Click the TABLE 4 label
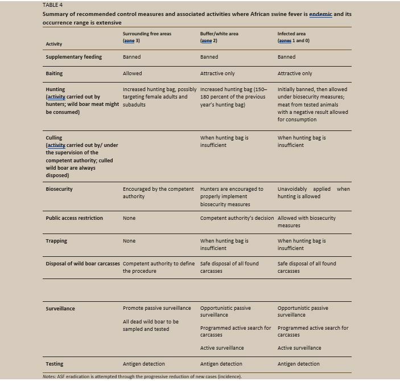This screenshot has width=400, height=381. [52, 5]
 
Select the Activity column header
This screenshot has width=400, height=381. [54, 44]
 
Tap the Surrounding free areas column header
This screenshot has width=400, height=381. [147, 34]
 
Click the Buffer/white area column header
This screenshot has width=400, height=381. [219, 34]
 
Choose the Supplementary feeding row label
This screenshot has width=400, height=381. [73, 57]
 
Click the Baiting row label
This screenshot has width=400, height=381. [54, 73]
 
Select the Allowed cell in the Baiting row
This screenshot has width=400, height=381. [132, 73]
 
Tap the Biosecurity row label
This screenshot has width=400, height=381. [59, 189]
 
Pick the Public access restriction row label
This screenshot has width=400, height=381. [74, 218]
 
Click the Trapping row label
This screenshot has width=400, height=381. [56, 241]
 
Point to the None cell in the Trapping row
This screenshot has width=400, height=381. [129, 241]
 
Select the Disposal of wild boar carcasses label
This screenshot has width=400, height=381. [83, 264]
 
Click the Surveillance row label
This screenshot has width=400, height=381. [60, 309]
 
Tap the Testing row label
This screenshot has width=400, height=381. [55, 364]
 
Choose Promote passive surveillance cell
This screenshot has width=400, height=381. [156, 308]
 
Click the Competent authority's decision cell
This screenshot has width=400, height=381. [237, 218]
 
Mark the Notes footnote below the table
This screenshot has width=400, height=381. [142, 376]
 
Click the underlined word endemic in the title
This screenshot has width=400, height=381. [320, 14]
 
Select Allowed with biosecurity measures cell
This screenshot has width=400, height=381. [306, 222]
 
